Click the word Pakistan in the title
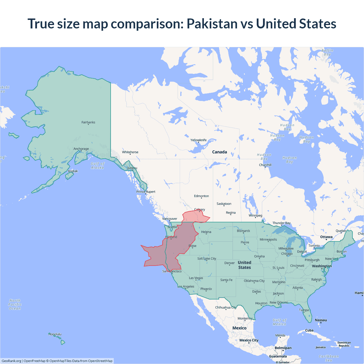212,24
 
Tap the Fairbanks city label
88,122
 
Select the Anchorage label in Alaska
81,149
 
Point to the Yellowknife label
198,140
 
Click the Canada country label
220,152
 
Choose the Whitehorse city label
130,152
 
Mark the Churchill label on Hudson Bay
265,165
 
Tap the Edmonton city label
201,196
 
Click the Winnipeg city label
255,215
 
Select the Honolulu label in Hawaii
55,334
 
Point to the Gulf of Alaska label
98,166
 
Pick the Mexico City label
249,340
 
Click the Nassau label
321,320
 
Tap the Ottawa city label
326,237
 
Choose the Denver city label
229,263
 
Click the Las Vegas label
196,278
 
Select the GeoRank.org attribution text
11,361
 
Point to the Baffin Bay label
327,52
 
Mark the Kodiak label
73,171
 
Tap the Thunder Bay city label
281,223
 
